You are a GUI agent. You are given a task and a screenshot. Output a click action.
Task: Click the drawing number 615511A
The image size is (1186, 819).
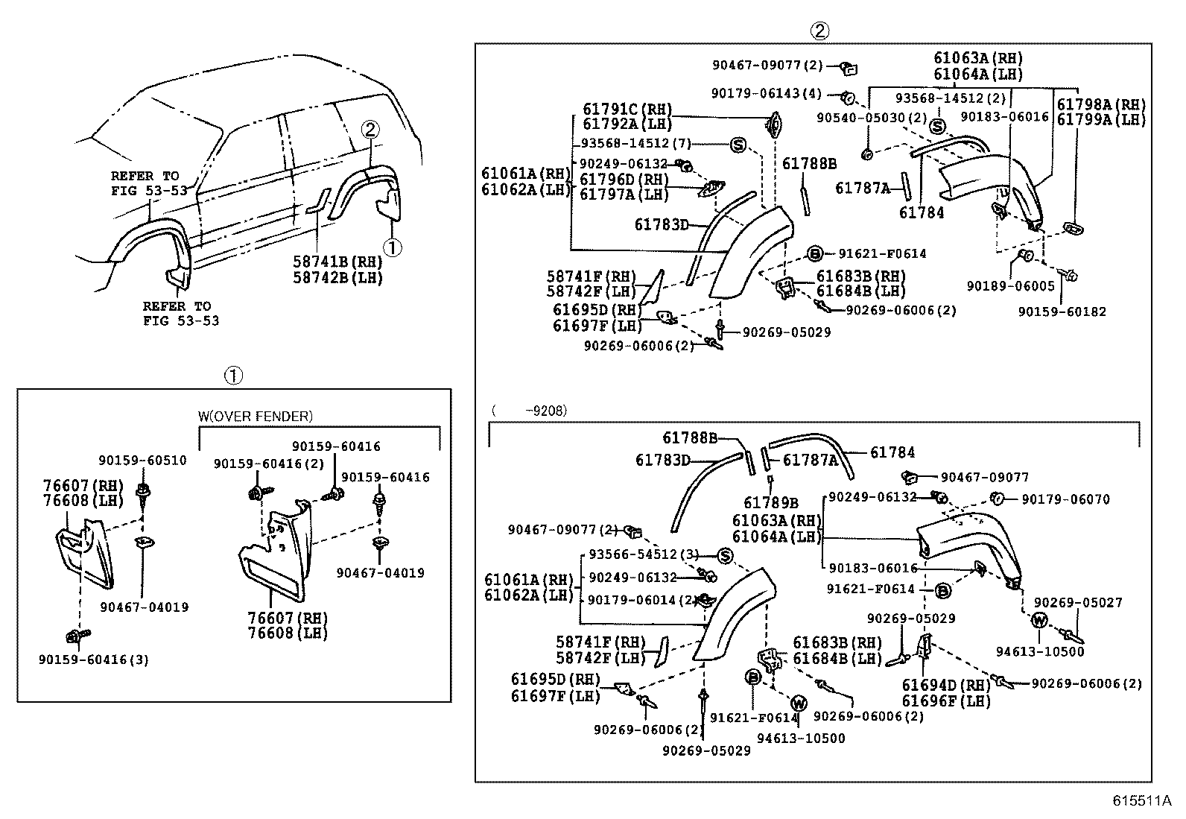click(1142, 801)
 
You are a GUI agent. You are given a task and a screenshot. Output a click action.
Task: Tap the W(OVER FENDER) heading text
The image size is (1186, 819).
click(255, 416)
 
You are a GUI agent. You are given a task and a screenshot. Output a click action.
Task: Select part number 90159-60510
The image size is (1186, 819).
click(142, 461)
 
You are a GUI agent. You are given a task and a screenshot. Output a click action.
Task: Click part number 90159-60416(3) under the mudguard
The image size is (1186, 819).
click(94, 660)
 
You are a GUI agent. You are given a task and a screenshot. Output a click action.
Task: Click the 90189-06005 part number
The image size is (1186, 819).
click(1011, 285)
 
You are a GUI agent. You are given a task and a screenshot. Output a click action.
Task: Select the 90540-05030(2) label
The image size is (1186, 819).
click(872, 118)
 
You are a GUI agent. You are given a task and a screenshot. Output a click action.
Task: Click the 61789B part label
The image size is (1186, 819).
click(771, 503)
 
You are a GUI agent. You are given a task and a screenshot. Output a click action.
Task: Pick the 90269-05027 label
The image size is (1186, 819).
click(1078, 602)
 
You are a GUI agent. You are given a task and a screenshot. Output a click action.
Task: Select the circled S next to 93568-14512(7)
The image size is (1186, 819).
click(738, 145)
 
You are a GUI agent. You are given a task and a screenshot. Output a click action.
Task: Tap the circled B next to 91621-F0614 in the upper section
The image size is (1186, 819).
click(814, 253)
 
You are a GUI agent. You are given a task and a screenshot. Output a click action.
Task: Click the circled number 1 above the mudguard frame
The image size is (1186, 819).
click(233, 376)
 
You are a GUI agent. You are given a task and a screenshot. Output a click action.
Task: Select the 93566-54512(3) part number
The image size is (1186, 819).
click(644, 554)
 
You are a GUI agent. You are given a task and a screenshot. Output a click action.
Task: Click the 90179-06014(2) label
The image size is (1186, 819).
click(641, 600)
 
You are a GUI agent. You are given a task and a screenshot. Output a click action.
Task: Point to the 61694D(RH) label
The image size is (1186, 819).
click(946, 685)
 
